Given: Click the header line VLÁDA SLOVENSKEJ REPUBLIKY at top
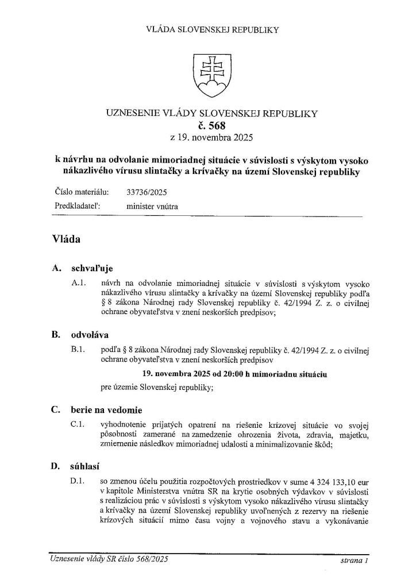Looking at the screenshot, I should click(x=208, y=29).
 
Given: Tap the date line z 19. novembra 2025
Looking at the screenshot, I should click(x=208, y=138).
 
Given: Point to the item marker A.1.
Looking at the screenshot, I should click(x=79, y=284).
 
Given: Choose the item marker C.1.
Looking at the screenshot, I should click(x=79, y=425).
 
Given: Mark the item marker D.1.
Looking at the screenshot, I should click(x=79, y=479).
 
